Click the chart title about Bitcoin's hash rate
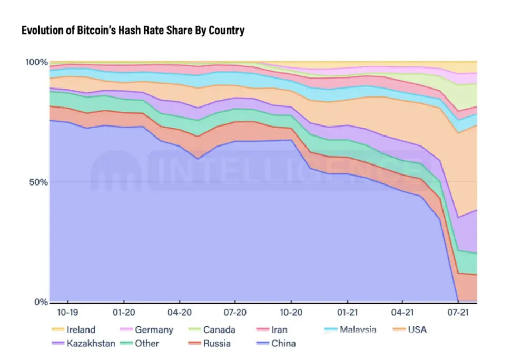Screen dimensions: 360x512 pos(133,31)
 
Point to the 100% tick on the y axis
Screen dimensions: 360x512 pos(36,62)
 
